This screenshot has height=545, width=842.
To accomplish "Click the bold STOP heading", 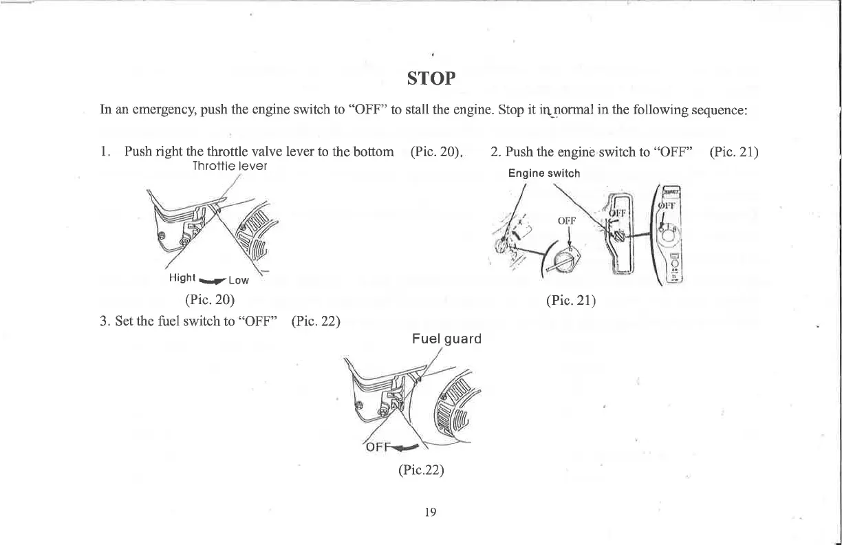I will click(x=431, y=78).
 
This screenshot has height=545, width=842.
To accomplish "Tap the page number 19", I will click(x=431, y=511).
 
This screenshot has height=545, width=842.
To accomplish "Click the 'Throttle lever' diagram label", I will click(x=230, y=167).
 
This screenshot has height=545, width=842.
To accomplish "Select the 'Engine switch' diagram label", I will click(x=544, y=173).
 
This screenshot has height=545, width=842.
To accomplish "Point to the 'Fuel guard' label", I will click(x=446, y=339).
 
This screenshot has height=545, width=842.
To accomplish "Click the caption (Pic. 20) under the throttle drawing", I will click(x=210, y=299).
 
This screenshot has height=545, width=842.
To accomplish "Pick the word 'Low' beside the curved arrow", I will click(x=238, y=280).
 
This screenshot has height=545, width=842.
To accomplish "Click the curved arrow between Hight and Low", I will click(x=213, y=279).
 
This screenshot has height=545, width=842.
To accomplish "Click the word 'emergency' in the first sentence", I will click(x=149, y=110).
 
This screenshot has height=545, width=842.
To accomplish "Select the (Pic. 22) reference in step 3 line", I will click(x=316, y=321).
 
